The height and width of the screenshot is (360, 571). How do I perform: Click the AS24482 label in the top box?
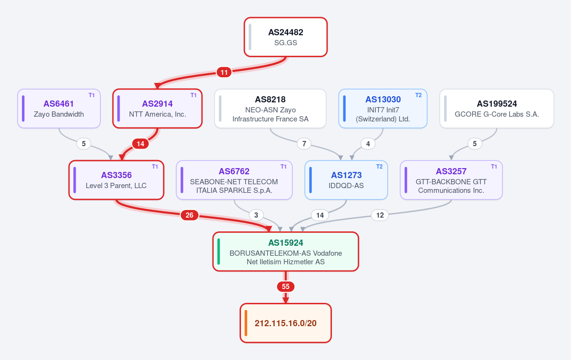[x=286, y=32]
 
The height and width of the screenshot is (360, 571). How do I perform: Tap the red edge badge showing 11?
[x=224, y=72]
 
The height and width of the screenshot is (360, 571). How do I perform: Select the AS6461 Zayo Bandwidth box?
[x=59, y=109]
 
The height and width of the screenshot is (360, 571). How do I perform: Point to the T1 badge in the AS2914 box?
[x=193, y=95]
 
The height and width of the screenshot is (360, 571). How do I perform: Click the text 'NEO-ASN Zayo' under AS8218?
[x=270, y=110]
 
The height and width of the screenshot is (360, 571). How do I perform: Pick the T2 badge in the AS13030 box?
[x=419, y=95]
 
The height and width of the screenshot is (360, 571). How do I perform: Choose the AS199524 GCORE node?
[x=497, y=109]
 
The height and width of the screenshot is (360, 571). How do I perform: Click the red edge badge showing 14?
[x=140, y=144]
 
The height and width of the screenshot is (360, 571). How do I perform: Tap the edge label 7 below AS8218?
[x=304, y=144]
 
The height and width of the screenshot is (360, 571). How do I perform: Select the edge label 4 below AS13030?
[x=368, y=144]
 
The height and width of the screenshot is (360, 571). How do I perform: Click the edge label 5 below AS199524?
[x=474, y=144]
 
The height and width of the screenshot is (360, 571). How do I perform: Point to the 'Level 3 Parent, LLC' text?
[x=116, y=186]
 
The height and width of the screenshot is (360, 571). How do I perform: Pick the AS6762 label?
[x=234, y=171]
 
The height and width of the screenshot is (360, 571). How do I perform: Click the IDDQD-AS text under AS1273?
[x=346, y=186]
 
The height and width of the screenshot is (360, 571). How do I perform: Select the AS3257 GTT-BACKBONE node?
[x=451, y=180]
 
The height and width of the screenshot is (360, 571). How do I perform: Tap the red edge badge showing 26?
[x=190, y=215]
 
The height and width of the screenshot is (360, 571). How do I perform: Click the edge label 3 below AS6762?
[x=256, y=215]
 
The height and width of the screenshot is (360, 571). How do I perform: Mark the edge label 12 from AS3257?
[x=380, y=215]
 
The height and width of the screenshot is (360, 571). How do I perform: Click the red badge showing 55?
[x=286, y=287]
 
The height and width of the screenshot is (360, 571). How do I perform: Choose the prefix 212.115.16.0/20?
[x=286, y=323]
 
